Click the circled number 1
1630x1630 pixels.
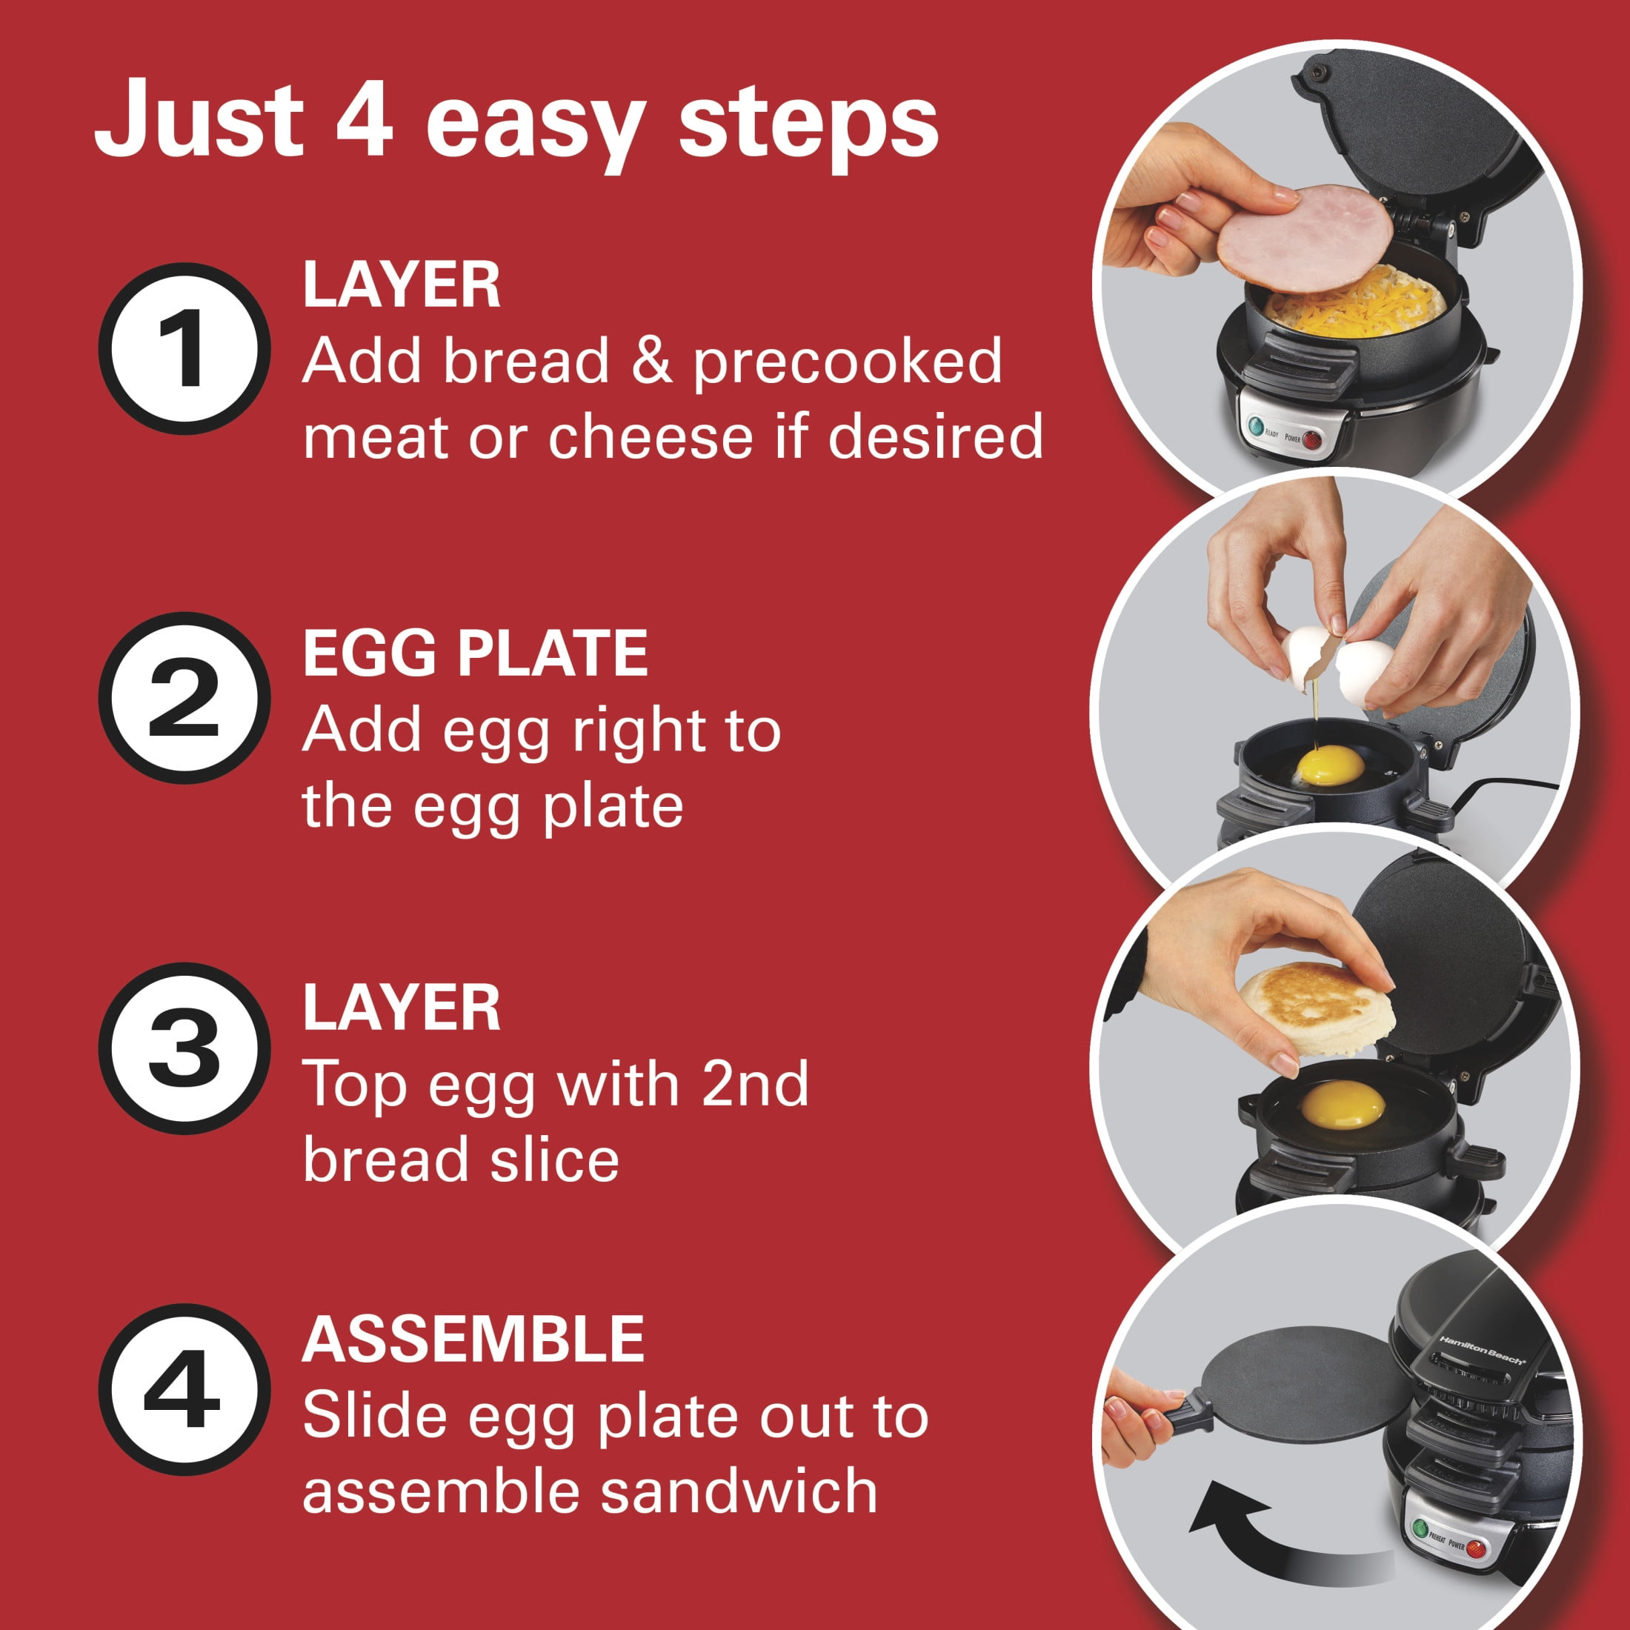tap(184, 348)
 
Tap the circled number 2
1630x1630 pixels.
tap(184, 698)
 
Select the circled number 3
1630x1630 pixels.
tap(184, 1048)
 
